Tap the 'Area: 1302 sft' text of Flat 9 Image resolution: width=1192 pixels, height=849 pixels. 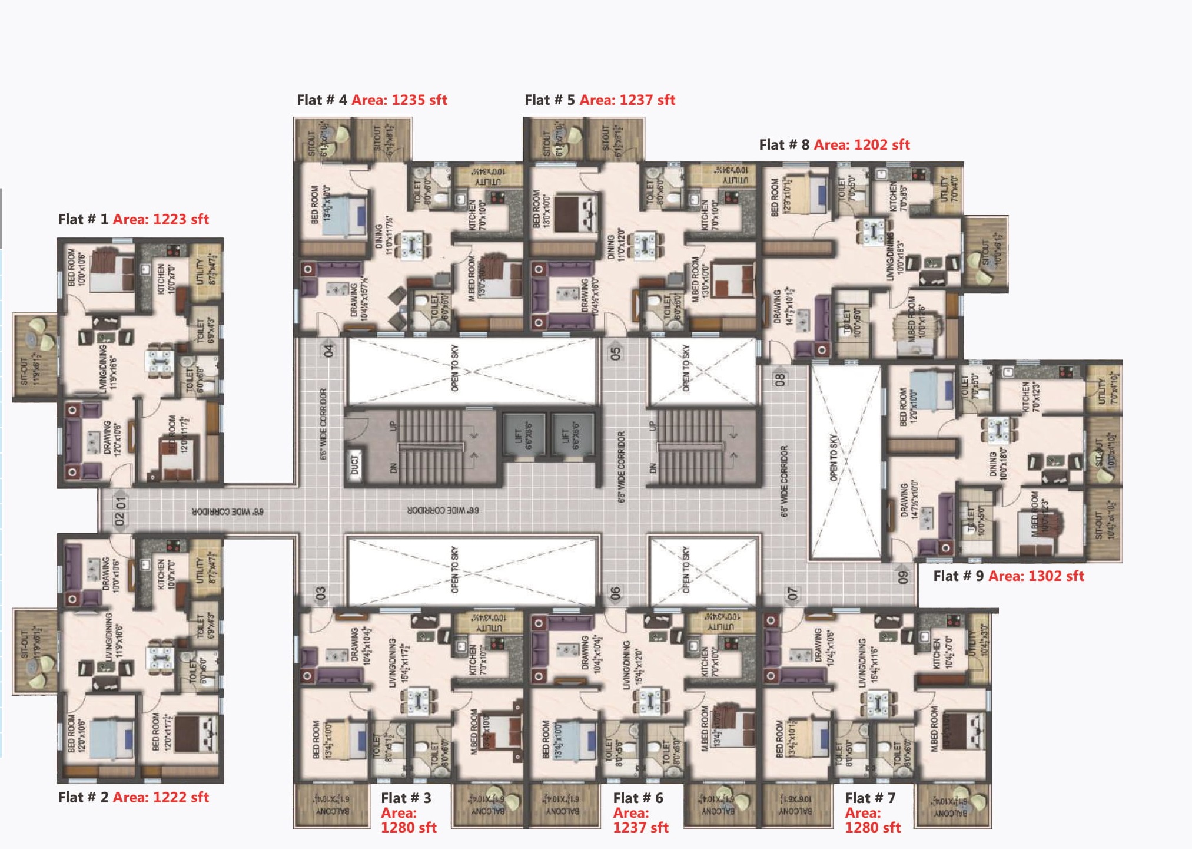[x=1035, y=576]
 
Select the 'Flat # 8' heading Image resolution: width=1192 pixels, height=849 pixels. [x=784, y=145]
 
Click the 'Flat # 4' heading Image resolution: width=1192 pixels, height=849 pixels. [x=322, y=100]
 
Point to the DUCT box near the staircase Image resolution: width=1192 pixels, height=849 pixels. [x=354, y=465]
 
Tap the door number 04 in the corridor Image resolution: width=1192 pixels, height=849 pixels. [x=328, y=351]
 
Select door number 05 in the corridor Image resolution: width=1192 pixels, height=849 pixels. [x=615, y=353]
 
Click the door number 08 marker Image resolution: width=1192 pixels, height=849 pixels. [x=780, y=379]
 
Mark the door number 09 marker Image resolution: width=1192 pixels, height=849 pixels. [x=902, y=577]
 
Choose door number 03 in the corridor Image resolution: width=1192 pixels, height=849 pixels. [x=321, y=593]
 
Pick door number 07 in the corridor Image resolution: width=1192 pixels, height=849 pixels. [x=792, y=593]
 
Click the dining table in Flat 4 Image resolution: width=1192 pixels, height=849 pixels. [x=411, y=245]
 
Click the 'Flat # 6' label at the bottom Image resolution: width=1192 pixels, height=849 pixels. [x=637, y=798]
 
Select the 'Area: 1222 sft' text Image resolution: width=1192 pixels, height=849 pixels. [x=161, y=797]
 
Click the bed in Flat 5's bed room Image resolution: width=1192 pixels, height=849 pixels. [x=575, y=213]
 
